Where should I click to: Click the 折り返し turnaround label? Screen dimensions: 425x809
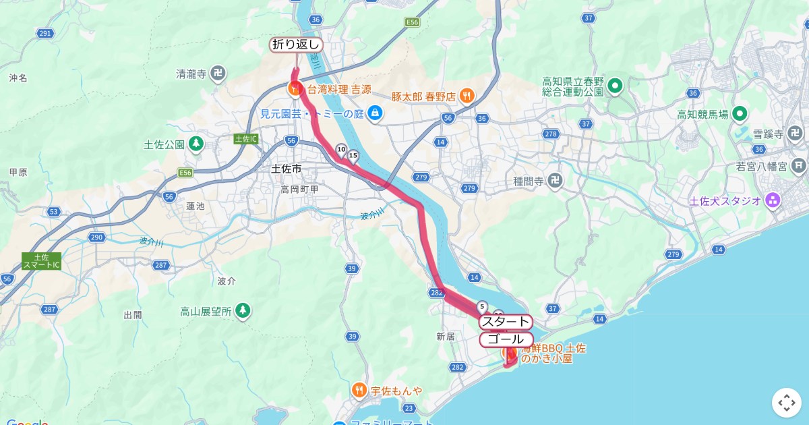point(296,45)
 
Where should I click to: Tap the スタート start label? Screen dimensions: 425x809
point(506,322)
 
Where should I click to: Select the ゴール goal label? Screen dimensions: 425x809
point(506,339)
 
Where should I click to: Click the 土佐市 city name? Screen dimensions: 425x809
point(285,169)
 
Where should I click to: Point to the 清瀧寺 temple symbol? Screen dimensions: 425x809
point(218,73)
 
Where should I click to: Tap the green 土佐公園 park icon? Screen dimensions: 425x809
point(196,144)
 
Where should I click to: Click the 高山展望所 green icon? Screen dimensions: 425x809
point(243,311)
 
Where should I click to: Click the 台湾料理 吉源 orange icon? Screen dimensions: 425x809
point(295,88)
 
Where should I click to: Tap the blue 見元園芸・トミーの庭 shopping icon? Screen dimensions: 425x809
point(376,113)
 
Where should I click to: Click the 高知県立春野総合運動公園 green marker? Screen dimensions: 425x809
point(614,86)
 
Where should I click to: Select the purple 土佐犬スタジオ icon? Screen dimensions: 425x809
point(773,200)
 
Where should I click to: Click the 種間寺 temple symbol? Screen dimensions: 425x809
point(554,180)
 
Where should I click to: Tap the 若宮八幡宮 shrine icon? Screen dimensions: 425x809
point(799,165)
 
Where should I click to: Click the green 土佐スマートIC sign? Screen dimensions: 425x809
point(41,261)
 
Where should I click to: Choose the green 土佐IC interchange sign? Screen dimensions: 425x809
point(246,138)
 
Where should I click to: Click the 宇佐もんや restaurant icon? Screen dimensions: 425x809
point(359,390)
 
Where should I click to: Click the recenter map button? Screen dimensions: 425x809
point(787,403)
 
